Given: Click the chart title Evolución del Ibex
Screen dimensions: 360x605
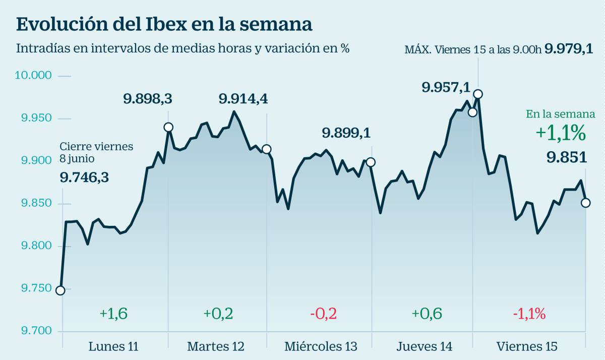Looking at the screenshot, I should [164, 24].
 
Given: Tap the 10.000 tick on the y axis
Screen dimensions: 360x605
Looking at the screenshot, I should [34, 76].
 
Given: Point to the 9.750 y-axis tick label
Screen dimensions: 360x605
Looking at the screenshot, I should [34, 288].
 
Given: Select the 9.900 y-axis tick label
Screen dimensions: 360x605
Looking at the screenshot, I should [34, 161].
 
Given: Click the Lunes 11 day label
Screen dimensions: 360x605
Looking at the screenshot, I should [113, 347].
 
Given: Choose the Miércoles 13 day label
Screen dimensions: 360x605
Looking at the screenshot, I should [321, 347].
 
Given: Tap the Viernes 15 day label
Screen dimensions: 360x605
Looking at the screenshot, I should [527, 347].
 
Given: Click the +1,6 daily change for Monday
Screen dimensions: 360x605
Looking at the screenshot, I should [113, 314].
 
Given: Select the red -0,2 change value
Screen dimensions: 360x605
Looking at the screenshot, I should [323, 314].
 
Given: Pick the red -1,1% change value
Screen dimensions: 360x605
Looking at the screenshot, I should [529, 314].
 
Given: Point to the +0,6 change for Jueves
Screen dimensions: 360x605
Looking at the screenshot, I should [427, 314].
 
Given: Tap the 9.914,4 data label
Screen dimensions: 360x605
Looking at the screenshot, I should [243, 99].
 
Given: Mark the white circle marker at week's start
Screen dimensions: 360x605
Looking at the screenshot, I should [60, 290].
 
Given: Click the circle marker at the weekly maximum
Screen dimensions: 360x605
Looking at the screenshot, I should [478, 94].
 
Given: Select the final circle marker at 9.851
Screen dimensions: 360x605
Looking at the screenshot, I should [585, 203].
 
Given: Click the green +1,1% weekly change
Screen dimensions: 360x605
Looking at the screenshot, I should [560, 133].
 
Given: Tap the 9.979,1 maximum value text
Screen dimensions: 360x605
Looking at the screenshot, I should [569, 49].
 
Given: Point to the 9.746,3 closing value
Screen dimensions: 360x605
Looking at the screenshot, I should [84, 177].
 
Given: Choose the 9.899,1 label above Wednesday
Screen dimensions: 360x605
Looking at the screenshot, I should [346, 133].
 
